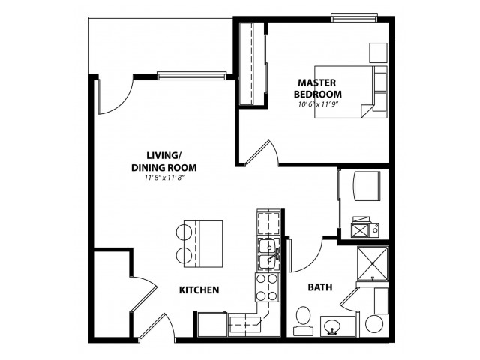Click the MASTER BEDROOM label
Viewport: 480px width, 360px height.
[318, 88]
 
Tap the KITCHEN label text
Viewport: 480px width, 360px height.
[199, 290]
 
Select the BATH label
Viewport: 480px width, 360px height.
[320, 287]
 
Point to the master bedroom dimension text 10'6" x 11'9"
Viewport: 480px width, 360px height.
[318, 104]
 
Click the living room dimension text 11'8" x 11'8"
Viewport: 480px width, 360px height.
[164, 178]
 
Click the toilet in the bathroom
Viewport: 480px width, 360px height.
[303, 320]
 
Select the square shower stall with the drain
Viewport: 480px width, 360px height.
[373, 263]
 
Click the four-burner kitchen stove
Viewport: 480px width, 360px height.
[267, 287]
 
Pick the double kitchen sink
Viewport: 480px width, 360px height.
[268, 254]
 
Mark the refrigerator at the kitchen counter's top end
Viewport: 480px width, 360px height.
[268, 223]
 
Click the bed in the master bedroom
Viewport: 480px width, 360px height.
[351, 91]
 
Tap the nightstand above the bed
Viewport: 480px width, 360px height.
[378, 53]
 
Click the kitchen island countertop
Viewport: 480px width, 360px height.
[203, 244]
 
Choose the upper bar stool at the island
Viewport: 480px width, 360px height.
[184, 232]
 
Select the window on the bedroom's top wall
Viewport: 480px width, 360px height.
[354, 18]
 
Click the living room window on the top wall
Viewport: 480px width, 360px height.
[192, 75]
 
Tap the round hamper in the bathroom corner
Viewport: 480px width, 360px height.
[374, 324]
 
